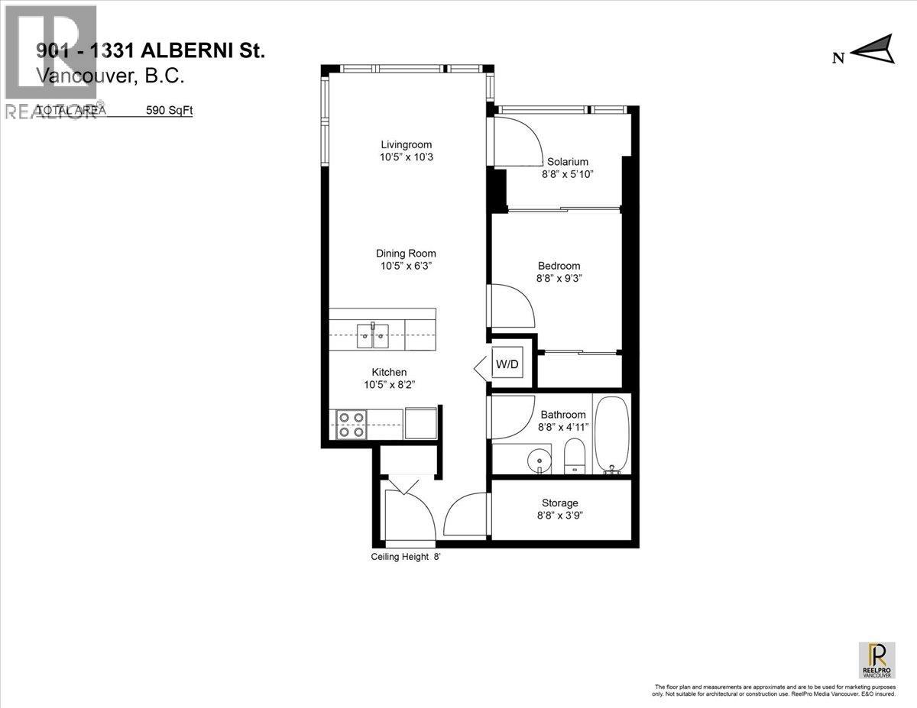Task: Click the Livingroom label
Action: (x=407, y=144)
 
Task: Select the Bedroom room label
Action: (x=559, y=266)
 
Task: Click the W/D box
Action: (x=507, y=364)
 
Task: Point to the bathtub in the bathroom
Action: (x=612, y=435)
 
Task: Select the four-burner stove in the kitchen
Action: (x=351, y=425)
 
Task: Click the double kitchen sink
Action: (x=373, y=335)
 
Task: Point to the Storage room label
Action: (x=559, y=503)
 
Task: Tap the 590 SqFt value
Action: (x=170, y=110)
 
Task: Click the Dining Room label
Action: (x=406, y=254)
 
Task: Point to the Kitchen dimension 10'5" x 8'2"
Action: (x=390, y=385)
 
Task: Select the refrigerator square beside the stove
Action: (x=420, y=422)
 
